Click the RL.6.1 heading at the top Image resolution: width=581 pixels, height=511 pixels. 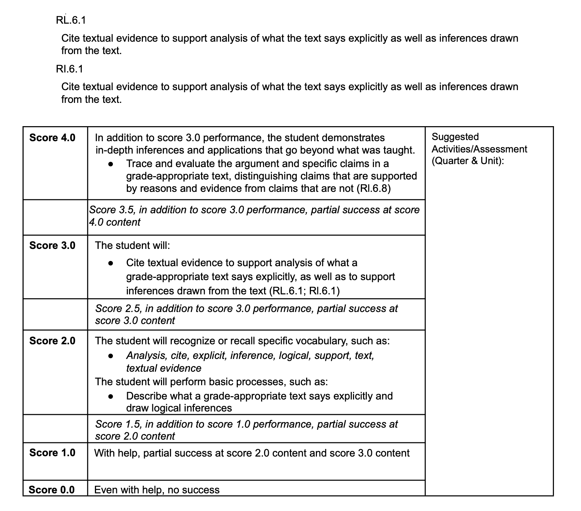(x=71, y=20)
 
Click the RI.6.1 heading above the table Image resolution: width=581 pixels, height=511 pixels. (x=69, y=69)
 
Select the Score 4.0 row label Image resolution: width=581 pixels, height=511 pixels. (x=52, y=138)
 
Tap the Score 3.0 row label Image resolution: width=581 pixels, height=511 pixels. (x=52, y=246)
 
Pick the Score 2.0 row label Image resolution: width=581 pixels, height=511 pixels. (x=52, y=341)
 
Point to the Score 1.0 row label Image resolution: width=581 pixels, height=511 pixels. (x=52, y=453)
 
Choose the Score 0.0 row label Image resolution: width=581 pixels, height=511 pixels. (x=51, y=490)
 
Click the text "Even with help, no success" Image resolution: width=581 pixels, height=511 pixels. (x=157, y=490)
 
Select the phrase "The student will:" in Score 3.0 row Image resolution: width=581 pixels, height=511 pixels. (x=132, y=246)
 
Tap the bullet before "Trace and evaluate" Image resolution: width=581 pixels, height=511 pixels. (x=110, y=164)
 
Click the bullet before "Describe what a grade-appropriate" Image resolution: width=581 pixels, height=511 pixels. (x=110, y=396)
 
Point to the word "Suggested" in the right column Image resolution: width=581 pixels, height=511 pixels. (x=455, y=137)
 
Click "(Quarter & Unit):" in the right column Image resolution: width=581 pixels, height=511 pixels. (x=468, y=161)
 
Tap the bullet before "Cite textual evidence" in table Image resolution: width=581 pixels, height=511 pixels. (x=110, y=263)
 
